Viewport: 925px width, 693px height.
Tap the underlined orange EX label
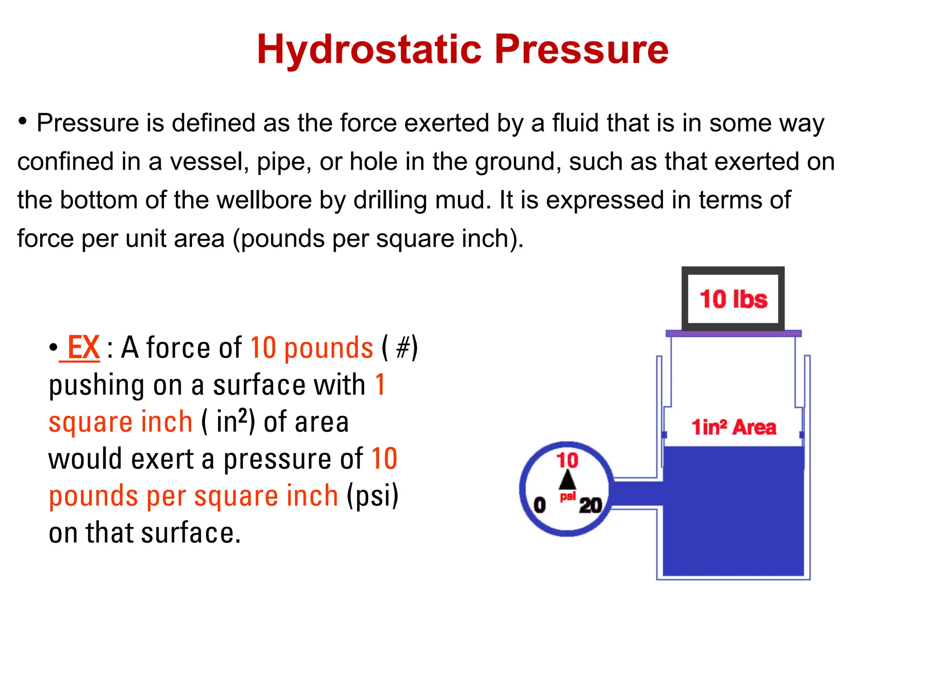(84, 348)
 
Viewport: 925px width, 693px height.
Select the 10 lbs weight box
(733, 299)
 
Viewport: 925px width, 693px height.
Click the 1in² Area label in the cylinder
(733, 427)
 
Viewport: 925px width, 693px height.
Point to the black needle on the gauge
(567, 480)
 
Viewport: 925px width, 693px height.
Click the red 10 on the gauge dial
(567, 460)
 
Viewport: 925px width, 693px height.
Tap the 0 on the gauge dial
(540, 505)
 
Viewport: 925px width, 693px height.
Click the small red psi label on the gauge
(568, 497)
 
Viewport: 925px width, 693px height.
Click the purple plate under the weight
(733, 333)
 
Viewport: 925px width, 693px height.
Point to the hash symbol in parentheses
(402, 348)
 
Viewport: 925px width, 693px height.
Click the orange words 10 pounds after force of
(312, 348)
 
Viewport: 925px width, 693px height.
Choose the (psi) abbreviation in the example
(373, 496)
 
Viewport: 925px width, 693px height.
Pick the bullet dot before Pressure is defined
(23, 121)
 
